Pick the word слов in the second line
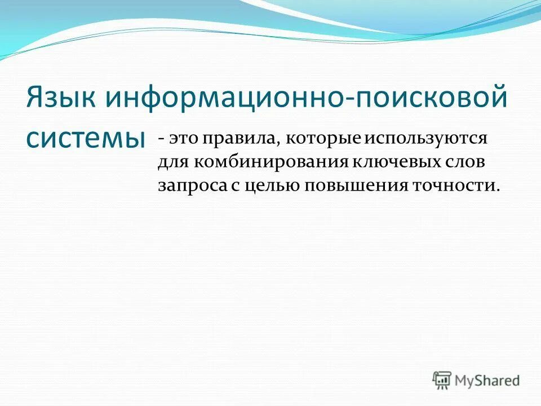click(x=465, y=162)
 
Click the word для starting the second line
click(x=172, y=162)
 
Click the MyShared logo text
click(x=488, y=381)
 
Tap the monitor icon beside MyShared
click(x=443, y=379)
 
